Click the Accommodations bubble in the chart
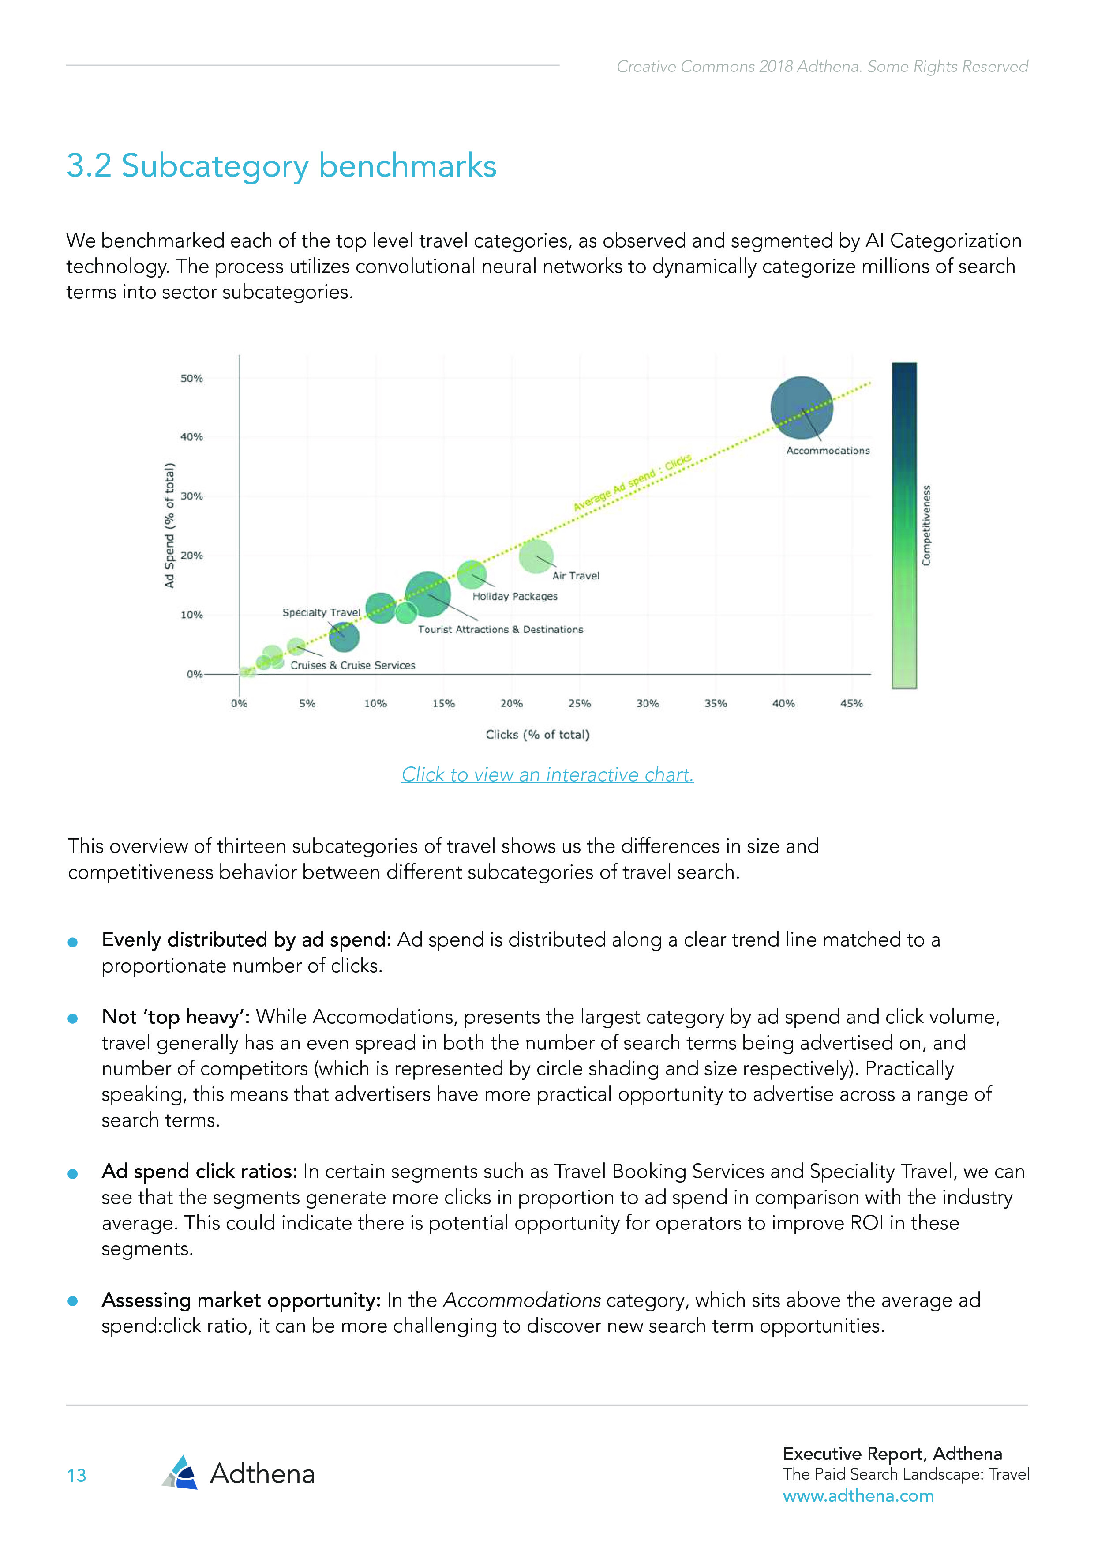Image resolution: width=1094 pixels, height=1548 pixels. point(802,408)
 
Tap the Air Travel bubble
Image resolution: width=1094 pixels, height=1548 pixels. point(536,556)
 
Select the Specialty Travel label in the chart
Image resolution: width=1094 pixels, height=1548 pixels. point(321,612)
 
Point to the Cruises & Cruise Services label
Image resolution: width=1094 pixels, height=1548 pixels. point(352,665)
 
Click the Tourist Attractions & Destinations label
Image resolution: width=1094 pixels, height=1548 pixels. point(500,630)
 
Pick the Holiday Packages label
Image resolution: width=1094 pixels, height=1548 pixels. point(515,596)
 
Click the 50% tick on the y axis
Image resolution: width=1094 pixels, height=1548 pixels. point(191,378)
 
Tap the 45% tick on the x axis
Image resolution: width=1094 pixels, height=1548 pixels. point(851,704)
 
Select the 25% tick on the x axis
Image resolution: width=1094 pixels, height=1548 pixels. point(579,704)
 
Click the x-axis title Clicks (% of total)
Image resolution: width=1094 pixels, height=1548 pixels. point(537,735)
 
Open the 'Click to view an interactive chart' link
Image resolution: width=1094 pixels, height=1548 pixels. point(547,775)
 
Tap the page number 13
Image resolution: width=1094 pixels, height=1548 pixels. point(76,1476)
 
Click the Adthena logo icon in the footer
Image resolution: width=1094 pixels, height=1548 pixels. point(180,1473)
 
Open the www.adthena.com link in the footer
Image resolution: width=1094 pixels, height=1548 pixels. point(858,1496)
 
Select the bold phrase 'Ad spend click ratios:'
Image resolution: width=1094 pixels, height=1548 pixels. point(199,1172)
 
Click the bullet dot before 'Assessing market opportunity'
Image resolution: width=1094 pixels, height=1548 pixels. point(73,1301)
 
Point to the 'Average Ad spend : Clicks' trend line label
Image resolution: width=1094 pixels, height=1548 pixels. point(632,483)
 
